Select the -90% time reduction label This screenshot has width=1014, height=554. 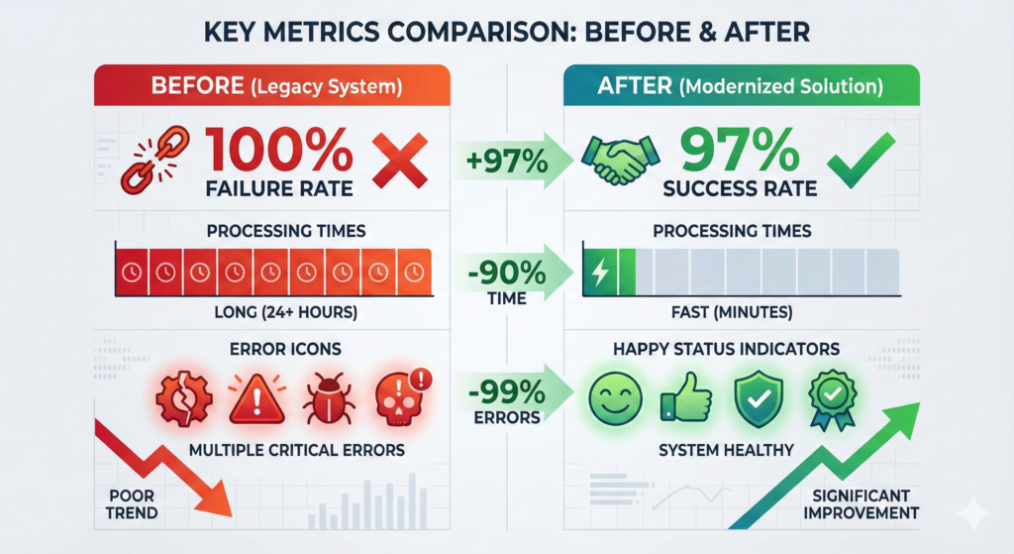tap(503, 272)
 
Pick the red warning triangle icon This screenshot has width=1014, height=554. tap(256, 399)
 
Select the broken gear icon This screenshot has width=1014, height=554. tap(184, 399)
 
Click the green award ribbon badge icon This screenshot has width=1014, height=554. tap(829, 399)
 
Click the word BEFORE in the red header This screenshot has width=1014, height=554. tap(198, 86)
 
